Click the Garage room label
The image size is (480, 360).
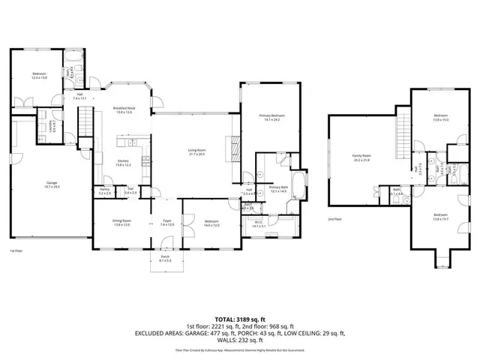point(52,182)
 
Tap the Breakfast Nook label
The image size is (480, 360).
point(123,109)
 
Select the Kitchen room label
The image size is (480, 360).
point(123,162)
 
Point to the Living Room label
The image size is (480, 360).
point(196,151)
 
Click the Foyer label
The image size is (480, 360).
point(166,221)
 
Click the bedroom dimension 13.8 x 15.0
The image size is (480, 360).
point(441,118)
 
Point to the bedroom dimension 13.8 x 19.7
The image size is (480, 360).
point(441,217)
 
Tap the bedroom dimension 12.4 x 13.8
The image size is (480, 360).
point(39,77)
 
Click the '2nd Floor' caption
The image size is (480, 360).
point(334,220)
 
